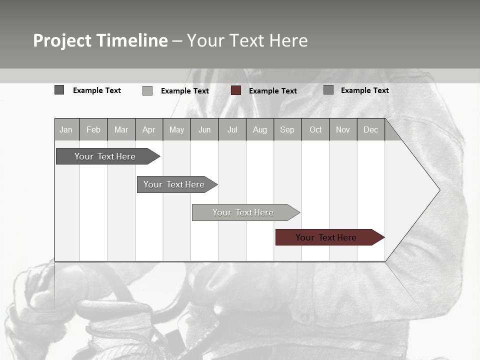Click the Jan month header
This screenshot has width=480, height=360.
66,129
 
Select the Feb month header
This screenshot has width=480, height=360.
93,129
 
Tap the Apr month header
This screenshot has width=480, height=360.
149,129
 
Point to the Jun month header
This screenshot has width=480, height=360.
204,129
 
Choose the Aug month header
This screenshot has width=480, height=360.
260,129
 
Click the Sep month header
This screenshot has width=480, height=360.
287,129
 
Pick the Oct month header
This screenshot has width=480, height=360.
315,129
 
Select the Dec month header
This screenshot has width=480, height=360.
371,129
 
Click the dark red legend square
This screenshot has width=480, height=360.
236,90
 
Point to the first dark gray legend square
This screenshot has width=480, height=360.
59,90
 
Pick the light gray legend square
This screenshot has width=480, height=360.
147,90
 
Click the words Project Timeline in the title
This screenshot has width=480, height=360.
100,40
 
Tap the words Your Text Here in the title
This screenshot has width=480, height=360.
247,40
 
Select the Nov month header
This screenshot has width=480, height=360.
343,129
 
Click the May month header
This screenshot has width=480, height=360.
176,129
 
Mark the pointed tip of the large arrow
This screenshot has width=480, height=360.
439,190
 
